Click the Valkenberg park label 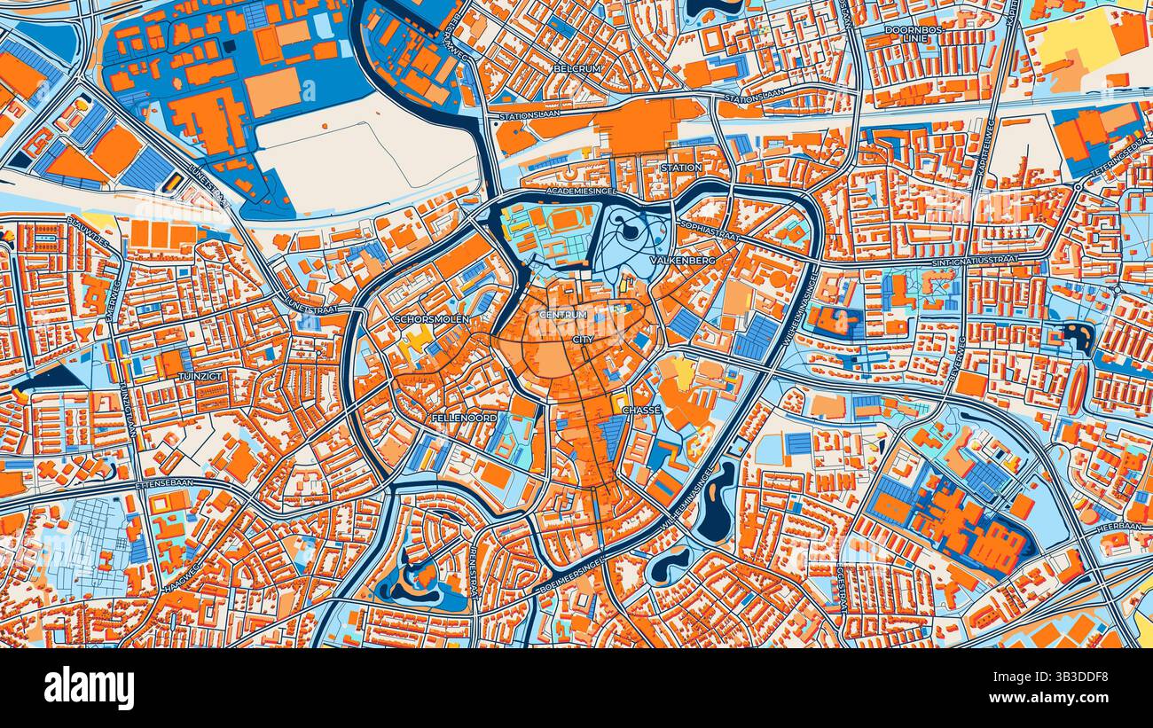(x=682, y=262)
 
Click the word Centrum (x=563, y=316)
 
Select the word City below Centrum (x=582, y=340)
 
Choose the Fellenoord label (x=464, y=417)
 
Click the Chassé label (x=640, y=411)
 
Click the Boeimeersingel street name (x=574, y=575)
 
